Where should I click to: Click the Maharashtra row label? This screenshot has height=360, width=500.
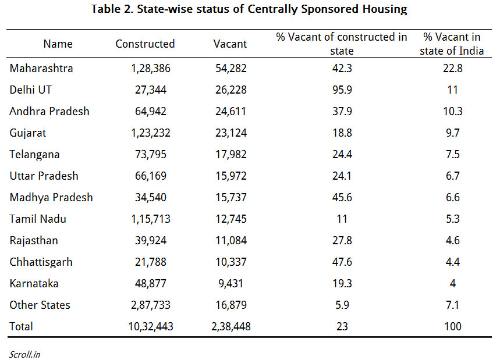(x=41, y=68)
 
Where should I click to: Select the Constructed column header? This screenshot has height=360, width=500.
(x=145, y=44)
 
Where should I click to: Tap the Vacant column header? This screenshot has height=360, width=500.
(x=230, y=44)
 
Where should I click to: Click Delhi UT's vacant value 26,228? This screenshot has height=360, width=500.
(x=231, y=90)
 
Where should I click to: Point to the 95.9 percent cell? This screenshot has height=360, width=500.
(x=342, y=90)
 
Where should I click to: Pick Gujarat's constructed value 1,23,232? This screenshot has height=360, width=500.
(x=151, y=133)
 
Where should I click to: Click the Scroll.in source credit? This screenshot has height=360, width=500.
(x=24, y=354)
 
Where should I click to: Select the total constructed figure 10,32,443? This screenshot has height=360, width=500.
(x=151, y=326)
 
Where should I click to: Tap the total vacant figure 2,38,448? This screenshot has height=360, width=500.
(x=231, y=326)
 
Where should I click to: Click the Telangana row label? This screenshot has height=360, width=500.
(x=34, y=155)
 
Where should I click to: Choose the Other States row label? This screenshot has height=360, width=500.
(x=40, y=305)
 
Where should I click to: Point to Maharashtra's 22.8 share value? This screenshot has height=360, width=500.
(x=452, y=68)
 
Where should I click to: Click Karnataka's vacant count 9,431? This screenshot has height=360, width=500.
(x=231, y=284)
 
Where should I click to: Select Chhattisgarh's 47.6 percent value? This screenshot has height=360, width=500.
(x=342, y=262)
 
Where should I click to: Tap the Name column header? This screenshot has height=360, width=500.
(x=58, y=44)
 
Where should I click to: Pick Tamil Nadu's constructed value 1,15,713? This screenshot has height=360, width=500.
(x=151, y=219)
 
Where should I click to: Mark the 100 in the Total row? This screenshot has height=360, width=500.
(x=452, y=326)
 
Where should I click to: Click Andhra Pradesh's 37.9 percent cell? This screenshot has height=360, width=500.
(x=342, y=112)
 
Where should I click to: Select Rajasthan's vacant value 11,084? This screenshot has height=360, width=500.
(x=231, y=241)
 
